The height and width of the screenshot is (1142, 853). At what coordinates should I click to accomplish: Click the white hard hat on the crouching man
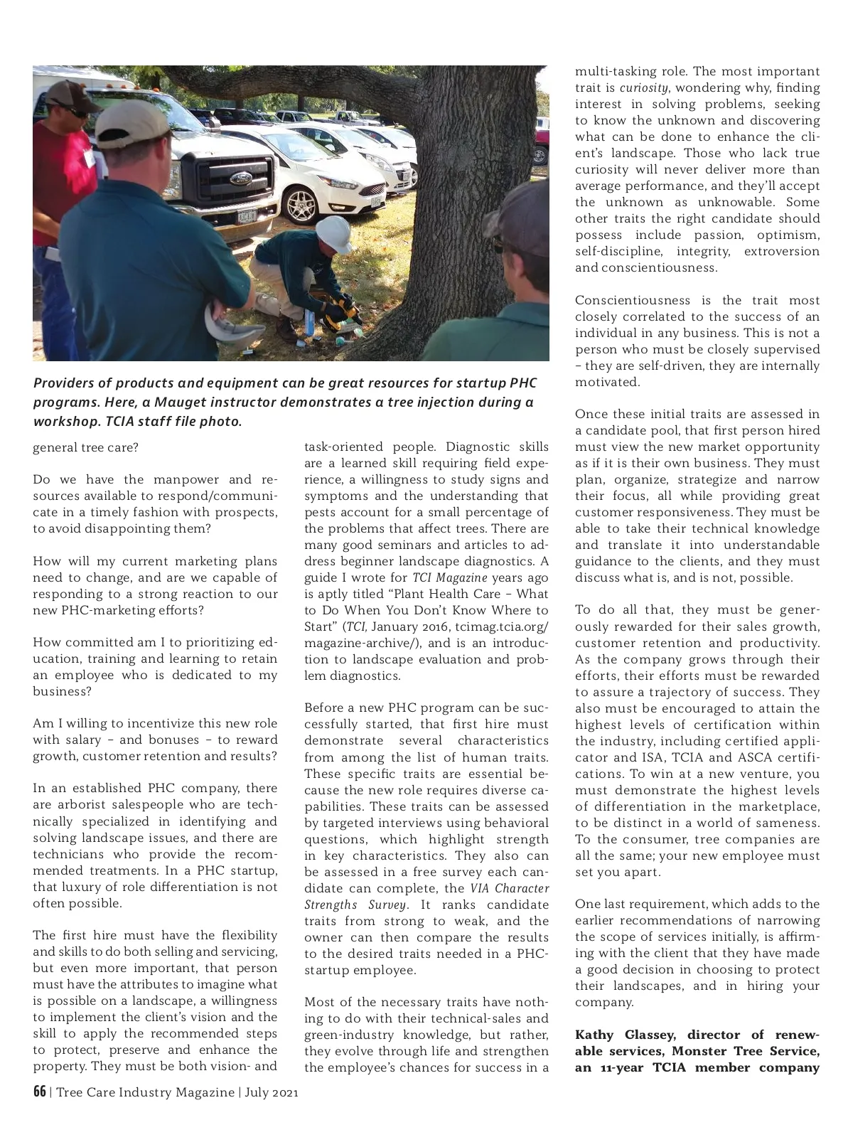click(334, 235)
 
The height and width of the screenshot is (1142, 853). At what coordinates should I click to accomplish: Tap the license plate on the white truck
click(247, 217)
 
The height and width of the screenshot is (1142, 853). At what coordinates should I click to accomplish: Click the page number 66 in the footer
click(39, 1092)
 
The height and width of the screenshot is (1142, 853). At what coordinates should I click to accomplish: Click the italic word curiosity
click(643, 88)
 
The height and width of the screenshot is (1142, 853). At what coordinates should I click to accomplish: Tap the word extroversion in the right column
click(781, 252)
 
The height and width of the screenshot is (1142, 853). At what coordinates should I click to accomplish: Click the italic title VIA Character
click(510, 889)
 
